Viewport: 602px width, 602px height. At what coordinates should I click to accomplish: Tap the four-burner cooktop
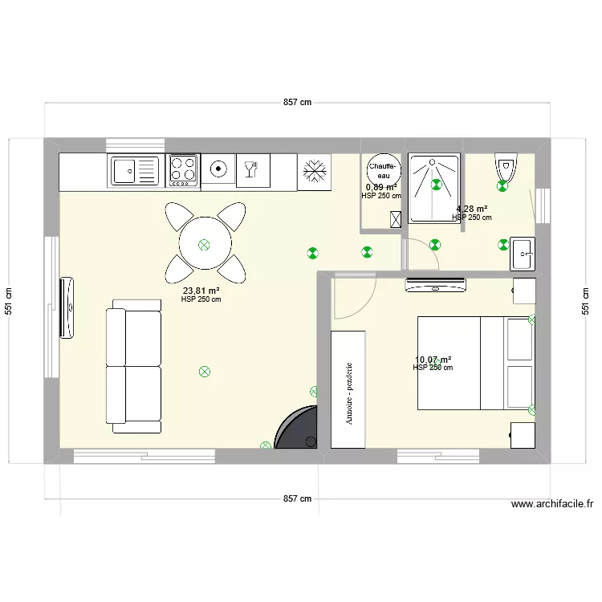(183, 170)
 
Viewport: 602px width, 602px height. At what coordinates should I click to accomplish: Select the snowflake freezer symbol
(314, 171)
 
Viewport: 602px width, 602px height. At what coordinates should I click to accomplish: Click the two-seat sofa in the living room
(133, 366)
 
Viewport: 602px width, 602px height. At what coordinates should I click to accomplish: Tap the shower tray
(434, 189)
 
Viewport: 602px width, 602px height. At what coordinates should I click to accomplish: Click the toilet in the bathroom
(505, 169)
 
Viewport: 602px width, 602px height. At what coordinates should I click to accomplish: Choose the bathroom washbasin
(523, 254)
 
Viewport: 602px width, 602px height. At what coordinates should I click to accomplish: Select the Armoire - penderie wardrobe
(348, 388)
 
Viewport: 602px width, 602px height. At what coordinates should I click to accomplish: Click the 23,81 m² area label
(201, 291)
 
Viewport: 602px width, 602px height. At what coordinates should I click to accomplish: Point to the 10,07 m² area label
(433, 360)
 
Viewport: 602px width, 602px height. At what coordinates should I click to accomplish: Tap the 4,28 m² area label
(472, 209)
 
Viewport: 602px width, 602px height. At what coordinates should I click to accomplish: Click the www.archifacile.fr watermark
(552, 505)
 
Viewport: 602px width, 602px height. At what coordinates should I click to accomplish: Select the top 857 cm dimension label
(297, 103)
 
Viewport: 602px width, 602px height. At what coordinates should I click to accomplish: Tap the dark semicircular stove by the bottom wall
(298, 428)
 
